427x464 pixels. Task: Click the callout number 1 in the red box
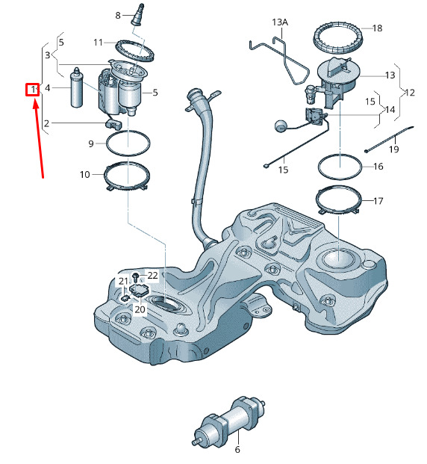[32, 89]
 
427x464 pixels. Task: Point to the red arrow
[39, 138]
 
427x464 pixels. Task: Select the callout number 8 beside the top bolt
[118, 15]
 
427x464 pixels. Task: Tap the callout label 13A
[280, 22]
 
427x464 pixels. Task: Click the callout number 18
[377, 28]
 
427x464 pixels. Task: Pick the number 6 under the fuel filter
[237, 450]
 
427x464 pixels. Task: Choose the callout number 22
[152, 276]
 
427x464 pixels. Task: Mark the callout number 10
[84, 175]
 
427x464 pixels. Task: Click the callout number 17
[378, 201]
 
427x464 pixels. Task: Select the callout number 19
[393, 149]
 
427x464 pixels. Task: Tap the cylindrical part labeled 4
[77, 89]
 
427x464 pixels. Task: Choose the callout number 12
[409, 93]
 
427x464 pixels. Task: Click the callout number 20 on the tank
[140, 309]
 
